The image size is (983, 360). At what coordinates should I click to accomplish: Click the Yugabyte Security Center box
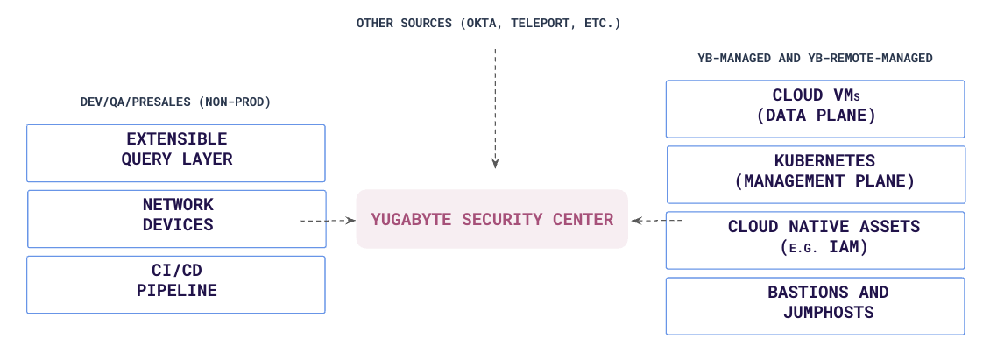pos(491,219)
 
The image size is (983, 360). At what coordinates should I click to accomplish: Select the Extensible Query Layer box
pos(176,152)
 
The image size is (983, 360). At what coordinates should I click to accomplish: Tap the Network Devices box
pos(177,218)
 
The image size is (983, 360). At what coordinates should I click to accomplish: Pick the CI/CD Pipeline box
pos(176,284)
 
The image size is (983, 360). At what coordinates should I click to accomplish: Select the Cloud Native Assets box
pos(816,239)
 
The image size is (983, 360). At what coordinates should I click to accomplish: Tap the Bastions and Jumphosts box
pos(815,305)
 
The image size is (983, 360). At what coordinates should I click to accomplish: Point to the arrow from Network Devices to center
pos(326,222)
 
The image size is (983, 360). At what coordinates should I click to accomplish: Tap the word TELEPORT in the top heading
pos(537,24)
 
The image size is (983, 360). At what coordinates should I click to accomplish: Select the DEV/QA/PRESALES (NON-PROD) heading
pos(176,102)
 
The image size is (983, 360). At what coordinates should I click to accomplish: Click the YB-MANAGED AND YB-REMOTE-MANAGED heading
pos(815,59)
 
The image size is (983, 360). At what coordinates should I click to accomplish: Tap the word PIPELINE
pos(176,291)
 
